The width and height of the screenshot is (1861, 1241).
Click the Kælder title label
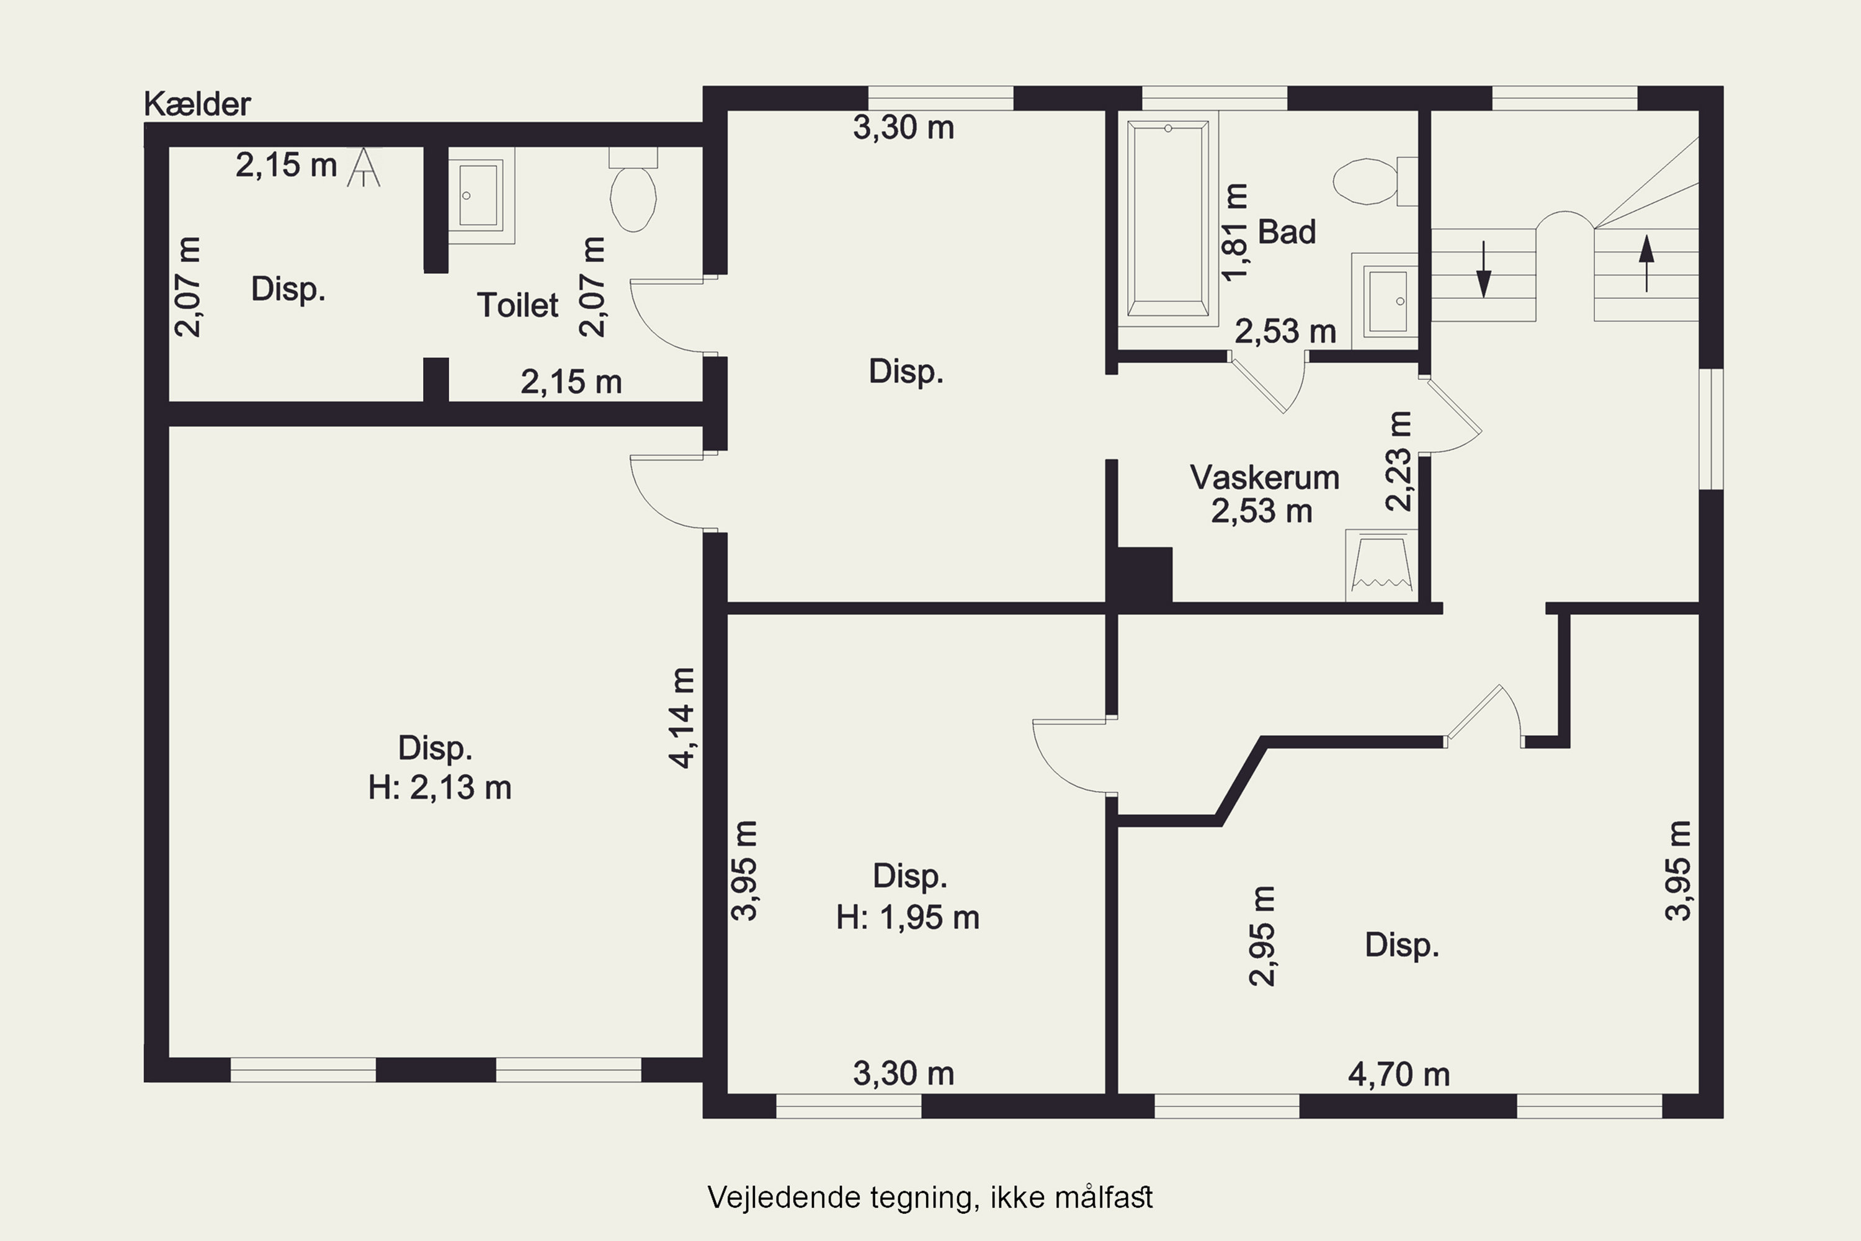pos(197,104)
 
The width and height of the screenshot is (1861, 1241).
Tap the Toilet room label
pos(517,305)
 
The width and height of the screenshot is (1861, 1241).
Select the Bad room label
pos(1287,232)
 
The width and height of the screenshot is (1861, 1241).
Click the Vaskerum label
pos(1264,477)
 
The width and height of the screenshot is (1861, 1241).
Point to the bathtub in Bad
pos(1168,219)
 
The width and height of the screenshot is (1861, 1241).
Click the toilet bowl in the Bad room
pos(1365,181)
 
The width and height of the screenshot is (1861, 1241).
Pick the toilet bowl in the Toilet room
pos(633,199)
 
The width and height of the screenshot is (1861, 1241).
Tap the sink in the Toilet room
pos(479,195)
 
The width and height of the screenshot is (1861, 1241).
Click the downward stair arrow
pos(1484,269)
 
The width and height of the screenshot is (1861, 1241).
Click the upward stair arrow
pos(1646,262)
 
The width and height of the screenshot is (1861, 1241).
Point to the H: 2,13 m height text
pos(440,788)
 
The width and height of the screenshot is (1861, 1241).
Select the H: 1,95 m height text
pos(908,917)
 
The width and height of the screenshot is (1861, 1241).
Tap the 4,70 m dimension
pos(1399,1075)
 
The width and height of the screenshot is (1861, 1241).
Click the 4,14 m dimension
pos(681,718)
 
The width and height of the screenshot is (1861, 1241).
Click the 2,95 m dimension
pos(1262,936)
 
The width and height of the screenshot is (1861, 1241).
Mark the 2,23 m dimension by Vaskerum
pos(1399,462)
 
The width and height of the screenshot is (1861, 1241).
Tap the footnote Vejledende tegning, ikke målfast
pos(930,1197)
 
